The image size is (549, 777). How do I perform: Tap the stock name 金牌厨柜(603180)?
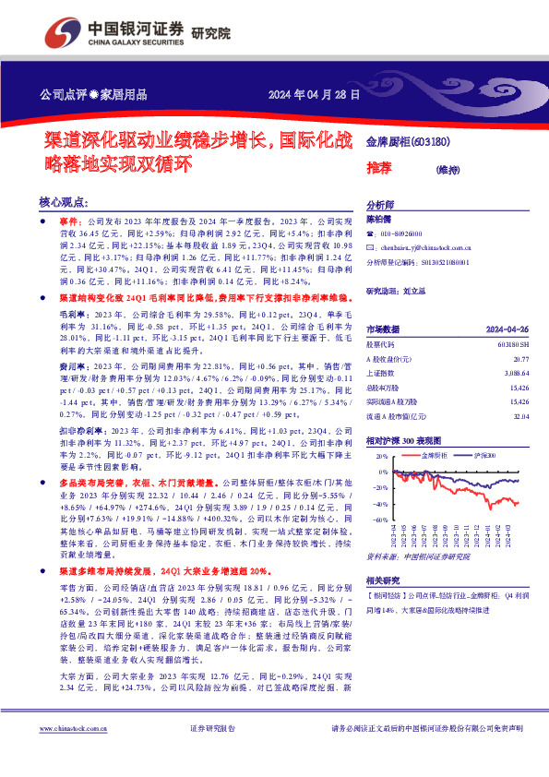click(x=408, y=142)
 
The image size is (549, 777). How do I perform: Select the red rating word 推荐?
click(x=378, y=169)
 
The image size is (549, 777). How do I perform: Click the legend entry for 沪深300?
click(x=483, y=456)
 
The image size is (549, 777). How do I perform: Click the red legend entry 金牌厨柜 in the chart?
click(x=433, y=456)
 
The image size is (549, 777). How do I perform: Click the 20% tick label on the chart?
click(x=379, y=455)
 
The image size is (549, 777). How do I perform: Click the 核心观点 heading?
click(x=63, y=202)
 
